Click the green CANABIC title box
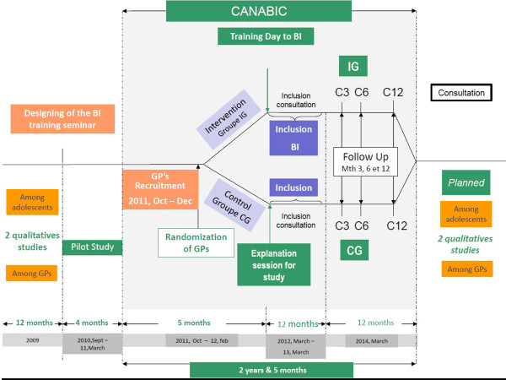point(253,12)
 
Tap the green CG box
point(353,251)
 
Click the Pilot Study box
point(93,247)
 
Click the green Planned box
point(466,182)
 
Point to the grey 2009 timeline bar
point(31,339)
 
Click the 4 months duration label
point(93,323)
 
